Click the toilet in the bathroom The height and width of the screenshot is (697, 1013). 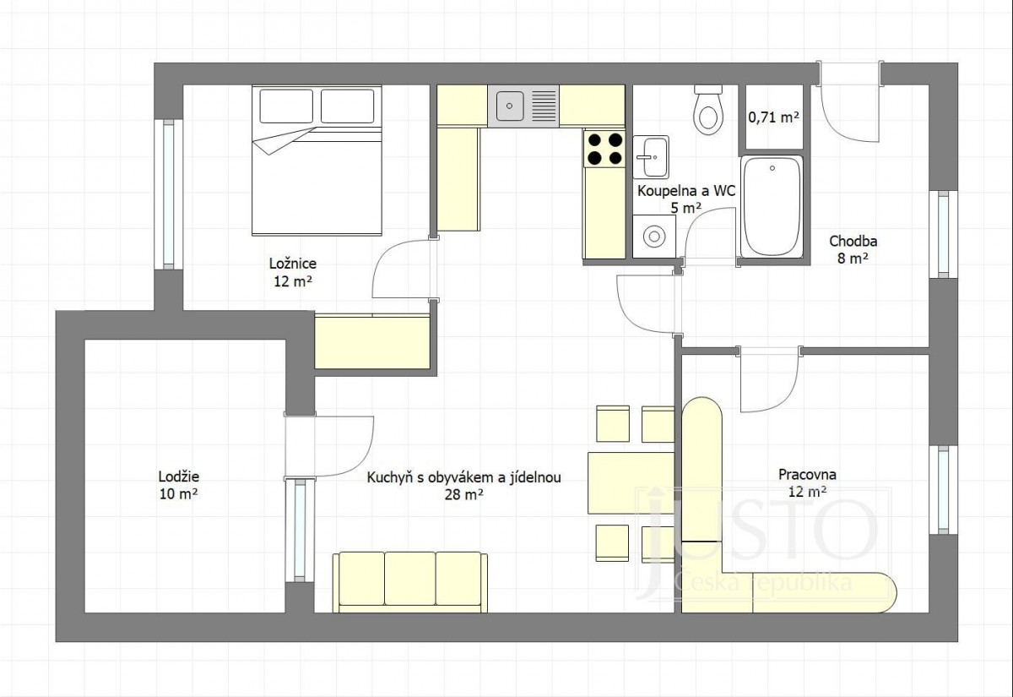707,110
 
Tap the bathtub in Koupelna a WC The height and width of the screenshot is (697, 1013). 772,207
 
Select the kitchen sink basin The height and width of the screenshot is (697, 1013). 510,106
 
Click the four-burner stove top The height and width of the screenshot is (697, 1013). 604,149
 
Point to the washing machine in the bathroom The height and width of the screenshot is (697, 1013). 654,237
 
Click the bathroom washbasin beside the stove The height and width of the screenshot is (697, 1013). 651,157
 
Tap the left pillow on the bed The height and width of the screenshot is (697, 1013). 286,106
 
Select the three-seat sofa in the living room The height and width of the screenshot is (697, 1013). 410,582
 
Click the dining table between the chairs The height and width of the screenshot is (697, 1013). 631,483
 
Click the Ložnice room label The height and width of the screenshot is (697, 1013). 293,264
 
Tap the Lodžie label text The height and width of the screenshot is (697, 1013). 179,476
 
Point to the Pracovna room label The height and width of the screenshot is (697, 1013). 807,474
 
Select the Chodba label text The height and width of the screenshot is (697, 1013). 853,242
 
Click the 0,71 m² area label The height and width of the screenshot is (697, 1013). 774,117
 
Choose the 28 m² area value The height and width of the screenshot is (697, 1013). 464,495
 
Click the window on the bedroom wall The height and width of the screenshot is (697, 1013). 168,194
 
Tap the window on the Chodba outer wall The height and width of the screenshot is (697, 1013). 944,235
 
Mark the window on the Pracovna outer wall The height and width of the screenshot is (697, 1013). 944,490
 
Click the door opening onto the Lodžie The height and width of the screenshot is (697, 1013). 328,446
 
